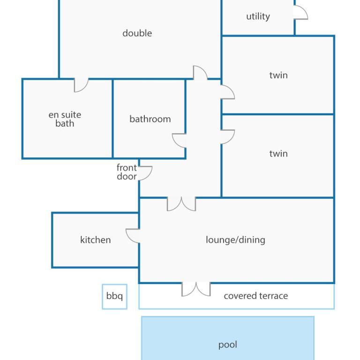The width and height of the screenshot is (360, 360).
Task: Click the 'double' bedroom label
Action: [137, 33]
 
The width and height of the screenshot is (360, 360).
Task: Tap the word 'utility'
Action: [258, 16]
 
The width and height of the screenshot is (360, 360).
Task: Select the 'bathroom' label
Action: [150, 119]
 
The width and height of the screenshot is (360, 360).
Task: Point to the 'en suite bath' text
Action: [65, 119]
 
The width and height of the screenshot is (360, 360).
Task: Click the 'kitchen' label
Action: [96, 240]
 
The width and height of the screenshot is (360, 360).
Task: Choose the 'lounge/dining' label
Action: [236, 240]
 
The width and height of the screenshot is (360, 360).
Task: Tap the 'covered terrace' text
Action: [256, 296]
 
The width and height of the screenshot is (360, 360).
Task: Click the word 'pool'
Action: [227, 345]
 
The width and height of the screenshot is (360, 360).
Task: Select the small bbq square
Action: [114, 297]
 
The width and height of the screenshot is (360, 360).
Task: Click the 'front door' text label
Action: [127, 172]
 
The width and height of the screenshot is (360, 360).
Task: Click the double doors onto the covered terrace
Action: [196, 289]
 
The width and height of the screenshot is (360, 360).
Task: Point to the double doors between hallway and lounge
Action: [181, 204]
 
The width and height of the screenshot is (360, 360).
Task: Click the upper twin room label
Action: [278, 75]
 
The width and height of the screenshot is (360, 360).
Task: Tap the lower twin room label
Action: [278, 154]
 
